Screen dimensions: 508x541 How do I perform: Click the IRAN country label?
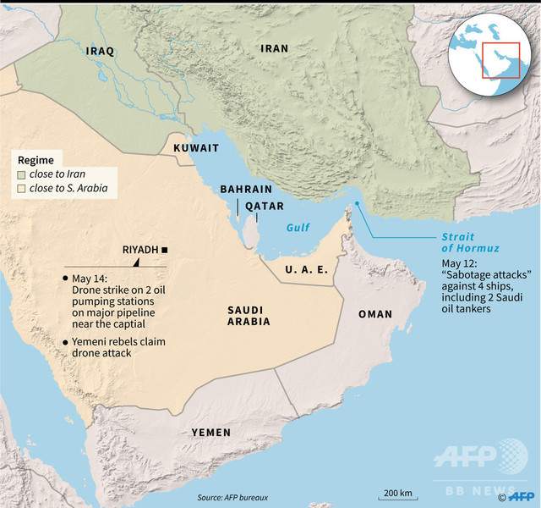point(274,48)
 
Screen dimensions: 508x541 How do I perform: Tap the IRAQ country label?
point(101,52)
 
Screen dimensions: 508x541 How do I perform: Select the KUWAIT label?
point(196,148)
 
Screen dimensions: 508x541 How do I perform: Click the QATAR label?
point(265,206)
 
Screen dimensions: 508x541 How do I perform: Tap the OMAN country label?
point(375,314)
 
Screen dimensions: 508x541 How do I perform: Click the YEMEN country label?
point(210,432)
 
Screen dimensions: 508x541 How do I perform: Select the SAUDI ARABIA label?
point(249,315)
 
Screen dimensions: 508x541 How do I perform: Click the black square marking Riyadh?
point(165,250)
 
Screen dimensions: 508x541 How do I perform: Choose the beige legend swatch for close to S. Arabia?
point(21,188)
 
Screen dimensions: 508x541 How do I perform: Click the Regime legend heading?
point(36,160)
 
